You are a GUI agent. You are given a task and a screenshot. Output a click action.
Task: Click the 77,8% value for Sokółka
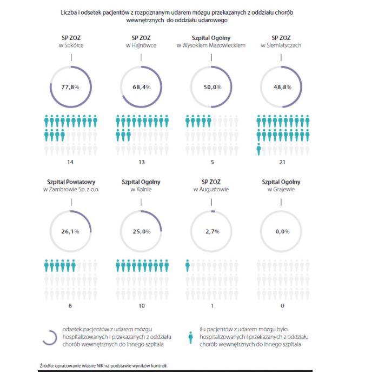[x=70, y=87]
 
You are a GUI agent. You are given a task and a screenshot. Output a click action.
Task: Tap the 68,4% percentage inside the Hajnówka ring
[x=142, y=87]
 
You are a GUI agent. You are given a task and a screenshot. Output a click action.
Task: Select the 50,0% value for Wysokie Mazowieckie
[x=213, y=87]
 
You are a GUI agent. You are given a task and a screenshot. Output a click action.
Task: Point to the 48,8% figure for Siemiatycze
[x=283, y=87]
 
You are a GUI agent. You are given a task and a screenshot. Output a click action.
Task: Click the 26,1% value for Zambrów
[x=70, y=231]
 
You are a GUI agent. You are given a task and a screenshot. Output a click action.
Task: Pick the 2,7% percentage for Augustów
[x=213, y=231]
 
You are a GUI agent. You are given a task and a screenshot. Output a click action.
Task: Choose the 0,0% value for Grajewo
[x=283, y=231]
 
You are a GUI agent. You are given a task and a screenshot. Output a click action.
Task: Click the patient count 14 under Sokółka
[x=70, y=162]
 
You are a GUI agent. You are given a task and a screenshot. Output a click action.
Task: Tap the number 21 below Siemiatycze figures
[x=282, y=162]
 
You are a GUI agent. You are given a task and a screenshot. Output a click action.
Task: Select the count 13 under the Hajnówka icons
[x=142, y=162]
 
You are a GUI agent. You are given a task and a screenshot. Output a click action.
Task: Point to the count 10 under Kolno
[x=142, y=306]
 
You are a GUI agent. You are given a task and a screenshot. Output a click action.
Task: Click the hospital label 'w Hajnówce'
[x=141, y=45]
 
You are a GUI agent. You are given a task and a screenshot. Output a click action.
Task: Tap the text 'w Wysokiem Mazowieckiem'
[x=211, y=45]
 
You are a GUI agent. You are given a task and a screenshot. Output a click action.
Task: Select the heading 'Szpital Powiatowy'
[x=71, y=182]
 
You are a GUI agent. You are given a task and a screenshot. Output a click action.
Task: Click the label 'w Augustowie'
[x=211, y=189]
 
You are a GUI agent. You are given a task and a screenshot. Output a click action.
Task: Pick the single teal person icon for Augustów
[x=188, y=265]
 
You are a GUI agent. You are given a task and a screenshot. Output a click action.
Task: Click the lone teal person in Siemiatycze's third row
[x=258, y=149]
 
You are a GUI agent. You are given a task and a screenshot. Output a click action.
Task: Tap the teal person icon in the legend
[x=191, y=338]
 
